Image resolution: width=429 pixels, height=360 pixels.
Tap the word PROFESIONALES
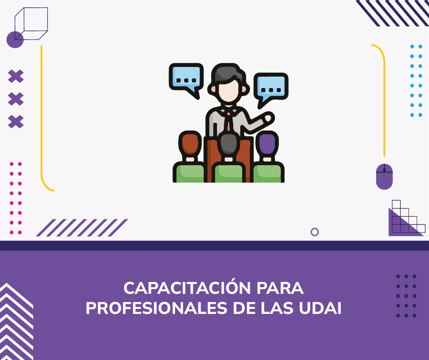click(x=156, y=308)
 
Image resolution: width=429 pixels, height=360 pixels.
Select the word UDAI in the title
click(x=320, y=308)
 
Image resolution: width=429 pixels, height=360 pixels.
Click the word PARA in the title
click(x=280, y=288)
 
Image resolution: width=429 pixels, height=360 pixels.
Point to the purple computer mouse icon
click(x=384, y=177)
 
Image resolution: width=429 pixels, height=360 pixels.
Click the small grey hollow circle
click(x=315, y=232)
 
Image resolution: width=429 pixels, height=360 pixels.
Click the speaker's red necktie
click(x=228, y=121)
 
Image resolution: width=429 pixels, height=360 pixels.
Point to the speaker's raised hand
click(x=268, y=118)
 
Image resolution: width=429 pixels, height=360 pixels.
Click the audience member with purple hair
click(x=268, y=157)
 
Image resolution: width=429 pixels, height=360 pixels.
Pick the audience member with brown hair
click(x=189, y=157)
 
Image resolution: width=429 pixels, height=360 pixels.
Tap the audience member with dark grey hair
click(x=229, y=158)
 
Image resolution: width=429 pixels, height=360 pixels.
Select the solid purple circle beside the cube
click(x=14, y=40)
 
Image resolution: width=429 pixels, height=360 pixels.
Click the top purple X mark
click(x=16, y=76)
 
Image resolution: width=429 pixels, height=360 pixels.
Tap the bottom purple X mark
click(x=16, y=122)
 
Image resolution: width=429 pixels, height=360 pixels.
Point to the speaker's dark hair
click(x=228, y=73)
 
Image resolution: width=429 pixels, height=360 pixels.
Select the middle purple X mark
click(x=16, y=99)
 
